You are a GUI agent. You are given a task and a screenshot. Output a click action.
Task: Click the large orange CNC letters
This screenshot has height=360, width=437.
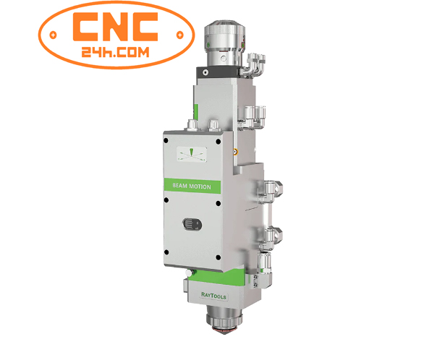116,27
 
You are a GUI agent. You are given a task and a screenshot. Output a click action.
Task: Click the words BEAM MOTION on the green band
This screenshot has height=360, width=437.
192,186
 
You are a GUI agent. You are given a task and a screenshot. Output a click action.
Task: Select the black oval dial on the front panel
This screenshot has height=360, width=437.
190,223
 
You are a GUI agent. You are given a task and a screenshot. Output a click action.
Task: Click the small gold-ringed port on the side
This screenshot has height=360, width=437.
235,153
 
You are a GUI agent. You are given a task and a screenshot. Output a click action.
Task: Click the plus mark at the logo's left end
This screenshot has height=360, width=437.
52,34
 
